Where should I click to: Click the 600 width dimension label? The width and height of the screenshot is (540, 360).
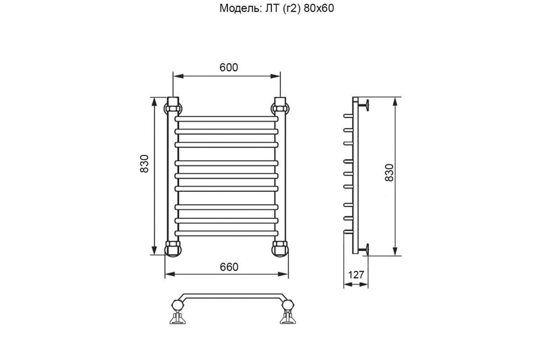[229, 67]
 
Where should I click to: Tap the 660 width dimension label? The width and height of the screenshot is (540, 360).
[229, 267]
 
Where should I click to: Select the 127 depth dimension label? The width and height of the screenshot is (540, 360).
[356, 275]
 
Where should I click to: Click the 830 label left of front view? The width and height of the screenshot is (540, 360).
[144, 164]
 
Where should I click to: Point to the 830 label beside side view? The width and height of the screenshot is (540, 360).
[389, 173]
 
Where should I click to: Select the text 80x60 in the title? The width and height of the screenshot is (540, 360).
[319, 9]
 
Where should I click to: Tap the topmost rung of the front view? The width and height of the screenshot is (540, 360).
[227, 119]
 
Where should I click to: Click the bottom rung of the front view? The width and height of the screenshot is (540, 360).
[227, 233]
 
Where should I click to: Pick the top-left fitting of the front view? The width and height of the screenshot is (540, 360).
[173, 106]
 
